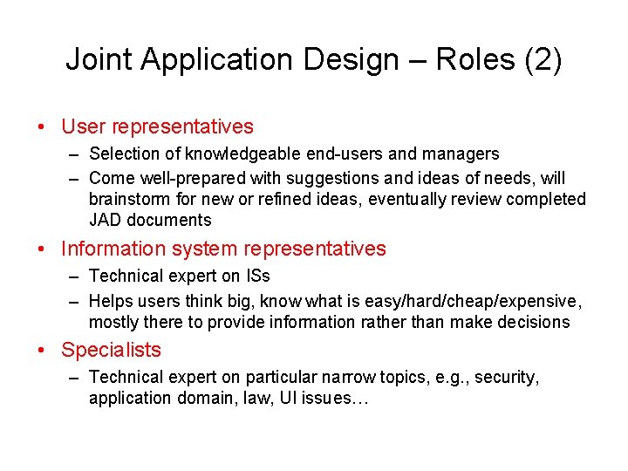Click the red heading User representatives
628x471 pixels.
pyautogui.click(x=157, y=126)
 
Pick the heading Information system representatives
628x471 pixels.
pyautogui.click(x=223, y=249)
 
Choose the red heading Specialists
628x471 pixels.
pyautogui.click(x=111, y=350)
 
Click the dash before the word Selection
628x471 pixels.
pyautogui.click(x=75, y=154)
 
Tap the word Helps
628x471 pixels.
pyautogui.click(x=111, y=301)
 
